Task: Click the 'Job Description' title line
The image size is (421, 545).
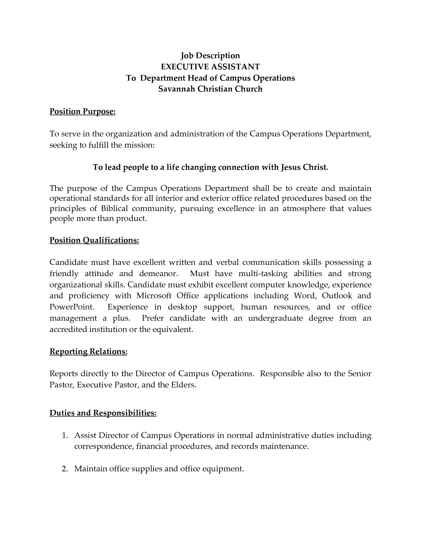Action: click(210, 55)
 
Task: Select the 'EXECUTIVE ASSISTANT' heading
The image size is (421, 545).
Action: click(210, 67)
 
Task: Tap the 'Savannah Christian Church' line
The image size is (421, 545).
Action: click(210, 89)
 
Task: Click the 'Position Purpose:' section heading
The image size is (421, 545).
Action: click(83, 111)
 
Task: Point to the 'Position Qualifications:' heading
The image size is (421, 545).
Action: click(94, 240)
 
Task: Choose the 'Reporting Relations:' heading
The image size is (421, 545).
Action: click(88, 351)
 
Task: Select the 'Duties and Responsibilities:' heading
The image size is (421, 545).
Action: click(103, 413)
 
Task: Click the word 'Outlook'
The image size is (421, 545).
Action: click(337, 296)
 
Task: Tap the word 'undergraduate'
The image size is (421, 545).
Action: click(275, 318)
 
